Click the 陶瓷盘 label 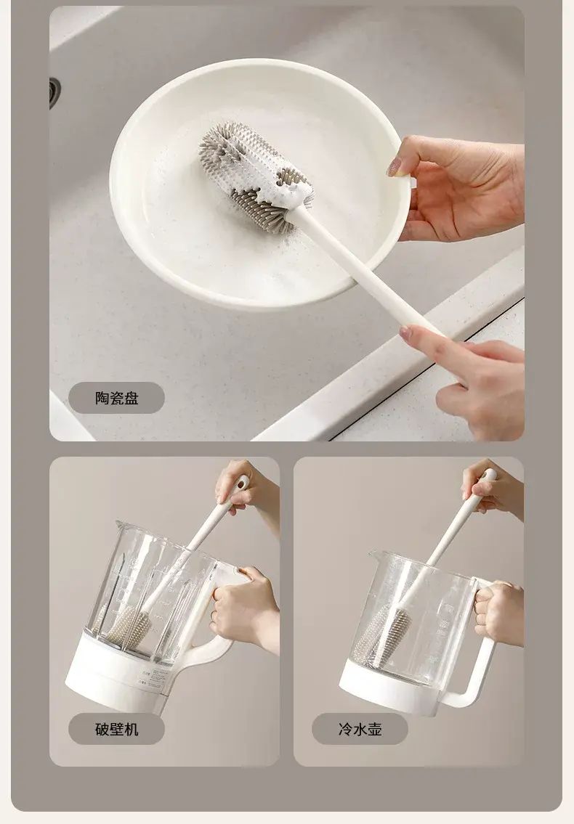pos(116,398)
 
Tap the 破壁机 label pos(116,729)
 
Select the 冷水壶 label pos(360,729)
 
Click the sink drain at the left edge pos(54,94)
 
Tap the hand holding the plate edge pos(458,187)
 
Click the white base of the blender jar pos(118,670)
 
